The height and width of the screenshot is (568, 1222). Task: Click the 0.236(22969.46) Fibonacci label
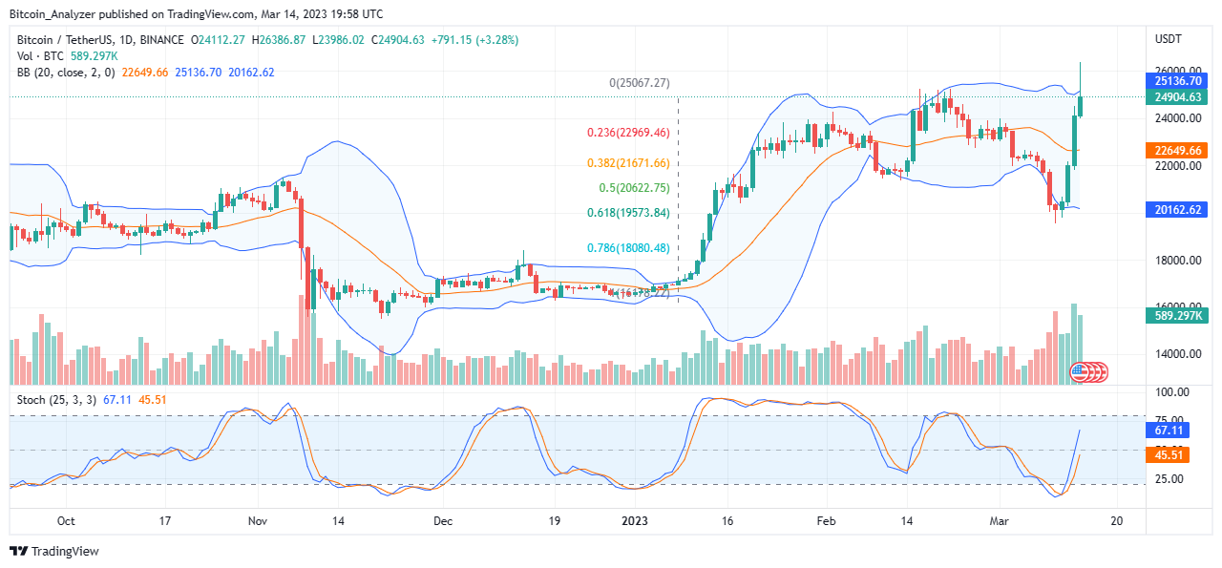[x=628, y=134]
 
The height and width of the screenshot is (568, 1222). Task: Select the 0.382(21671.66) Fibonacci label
[x=627, y=162]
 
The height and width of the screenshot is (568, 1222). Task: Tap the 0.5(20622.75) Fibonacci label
[x=635, y=188]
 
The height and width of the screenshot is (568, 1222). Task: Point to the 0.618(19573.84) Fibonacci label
[x=628, y=213]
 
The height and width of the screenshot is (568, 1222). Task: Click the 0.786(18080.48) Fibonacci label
[x=627, y=248]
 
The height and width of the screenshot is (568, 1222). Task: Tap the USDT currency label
[x=1169, y=39]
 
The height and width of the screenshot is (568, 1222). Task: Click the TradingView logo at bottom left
[x=54, y=551]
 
